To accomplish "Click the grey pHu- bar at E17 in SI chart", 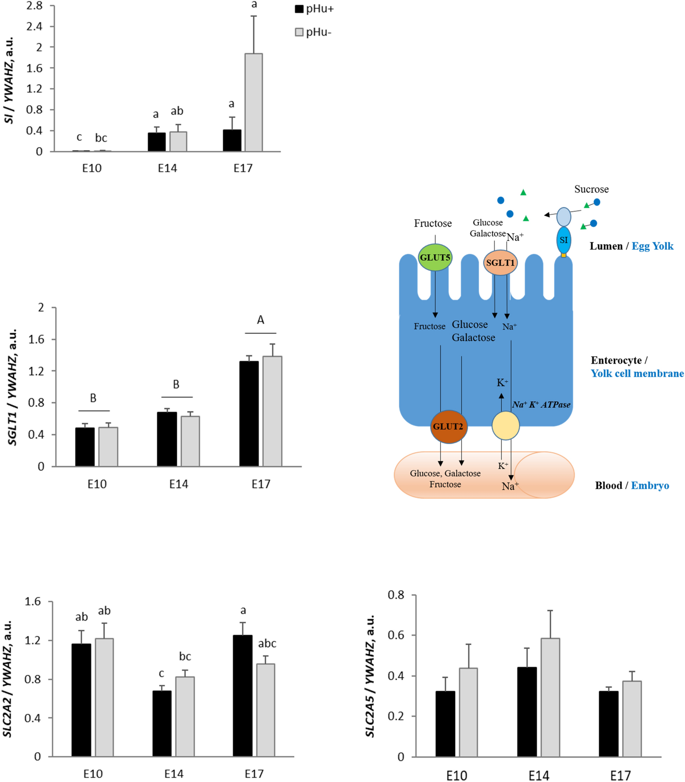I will [253, 103].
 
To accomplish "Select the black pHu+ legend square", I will [299, 9].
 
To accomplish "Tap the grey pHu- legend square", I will [299, 32].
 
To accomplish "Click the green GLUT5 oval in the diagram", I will [435, 257].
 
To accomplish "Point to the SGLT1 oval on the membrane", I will [500, 263].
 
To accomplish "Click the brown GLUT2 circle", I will [449, 427].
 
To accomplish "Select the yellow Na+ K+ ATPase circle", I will [505, 425].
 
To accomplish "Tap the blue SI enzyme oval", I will [563, 240].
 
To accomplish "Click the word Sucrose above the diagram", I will [591, 189].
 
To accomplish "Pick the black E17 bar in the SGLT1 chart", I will [249, 413].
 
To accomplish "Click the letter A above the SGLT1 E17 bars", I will [260, 320].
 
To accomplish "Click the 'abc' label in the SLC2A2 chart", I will [267, 644].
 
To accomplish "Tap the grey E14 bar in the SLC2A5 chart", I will [550, 697].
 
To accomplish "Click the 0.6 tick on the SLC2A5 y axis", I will [396, 635].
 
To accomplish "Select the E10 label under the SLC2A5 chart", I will [456, 776].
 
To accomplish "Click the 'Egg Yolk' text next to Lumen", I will [652, 246].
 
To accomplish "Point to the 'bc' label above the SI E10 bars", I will [101, 138].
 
